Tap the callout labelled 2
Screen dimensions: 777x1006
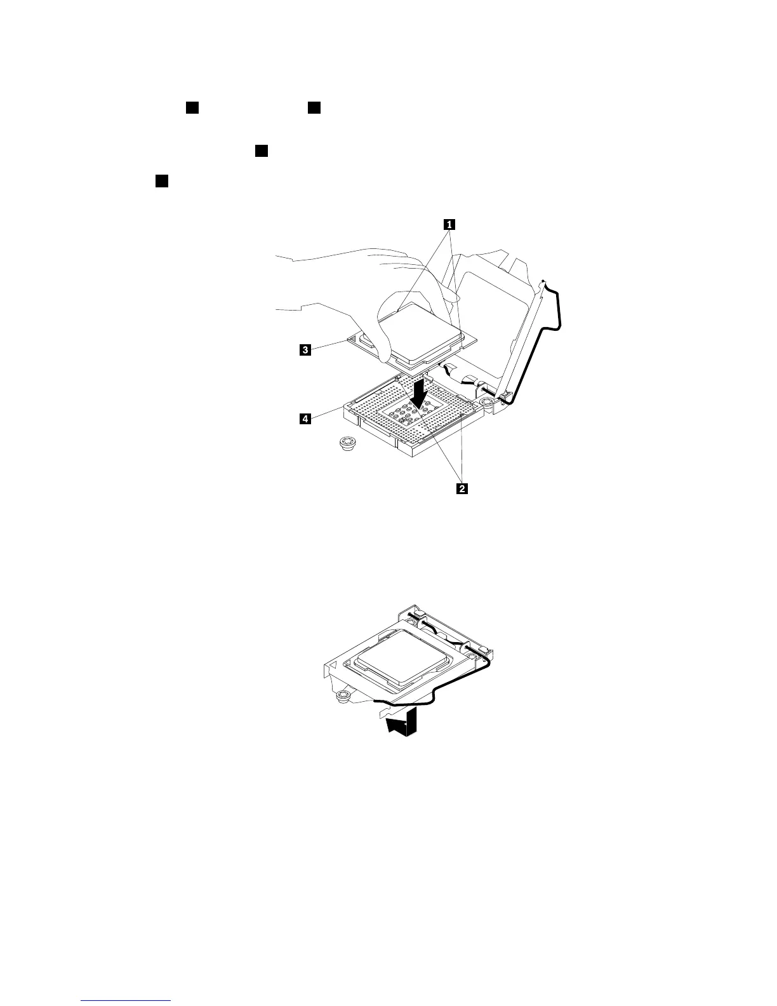[462, 488]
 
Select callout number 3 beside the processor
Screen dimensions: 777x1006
[305, 349]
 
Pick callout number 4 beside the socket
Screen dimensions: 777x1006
[305, 419]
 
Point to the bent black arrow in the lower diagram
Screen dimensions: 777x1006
[401, 723]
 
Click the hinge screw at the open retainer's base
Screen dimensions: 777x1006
[488, 403]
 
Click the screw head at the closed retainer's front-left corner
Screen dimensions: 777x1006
[342, 696]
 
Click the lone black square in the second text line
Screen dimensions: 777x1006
[261, 151]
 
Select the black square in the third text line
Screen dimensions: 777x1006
[161, 182]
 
